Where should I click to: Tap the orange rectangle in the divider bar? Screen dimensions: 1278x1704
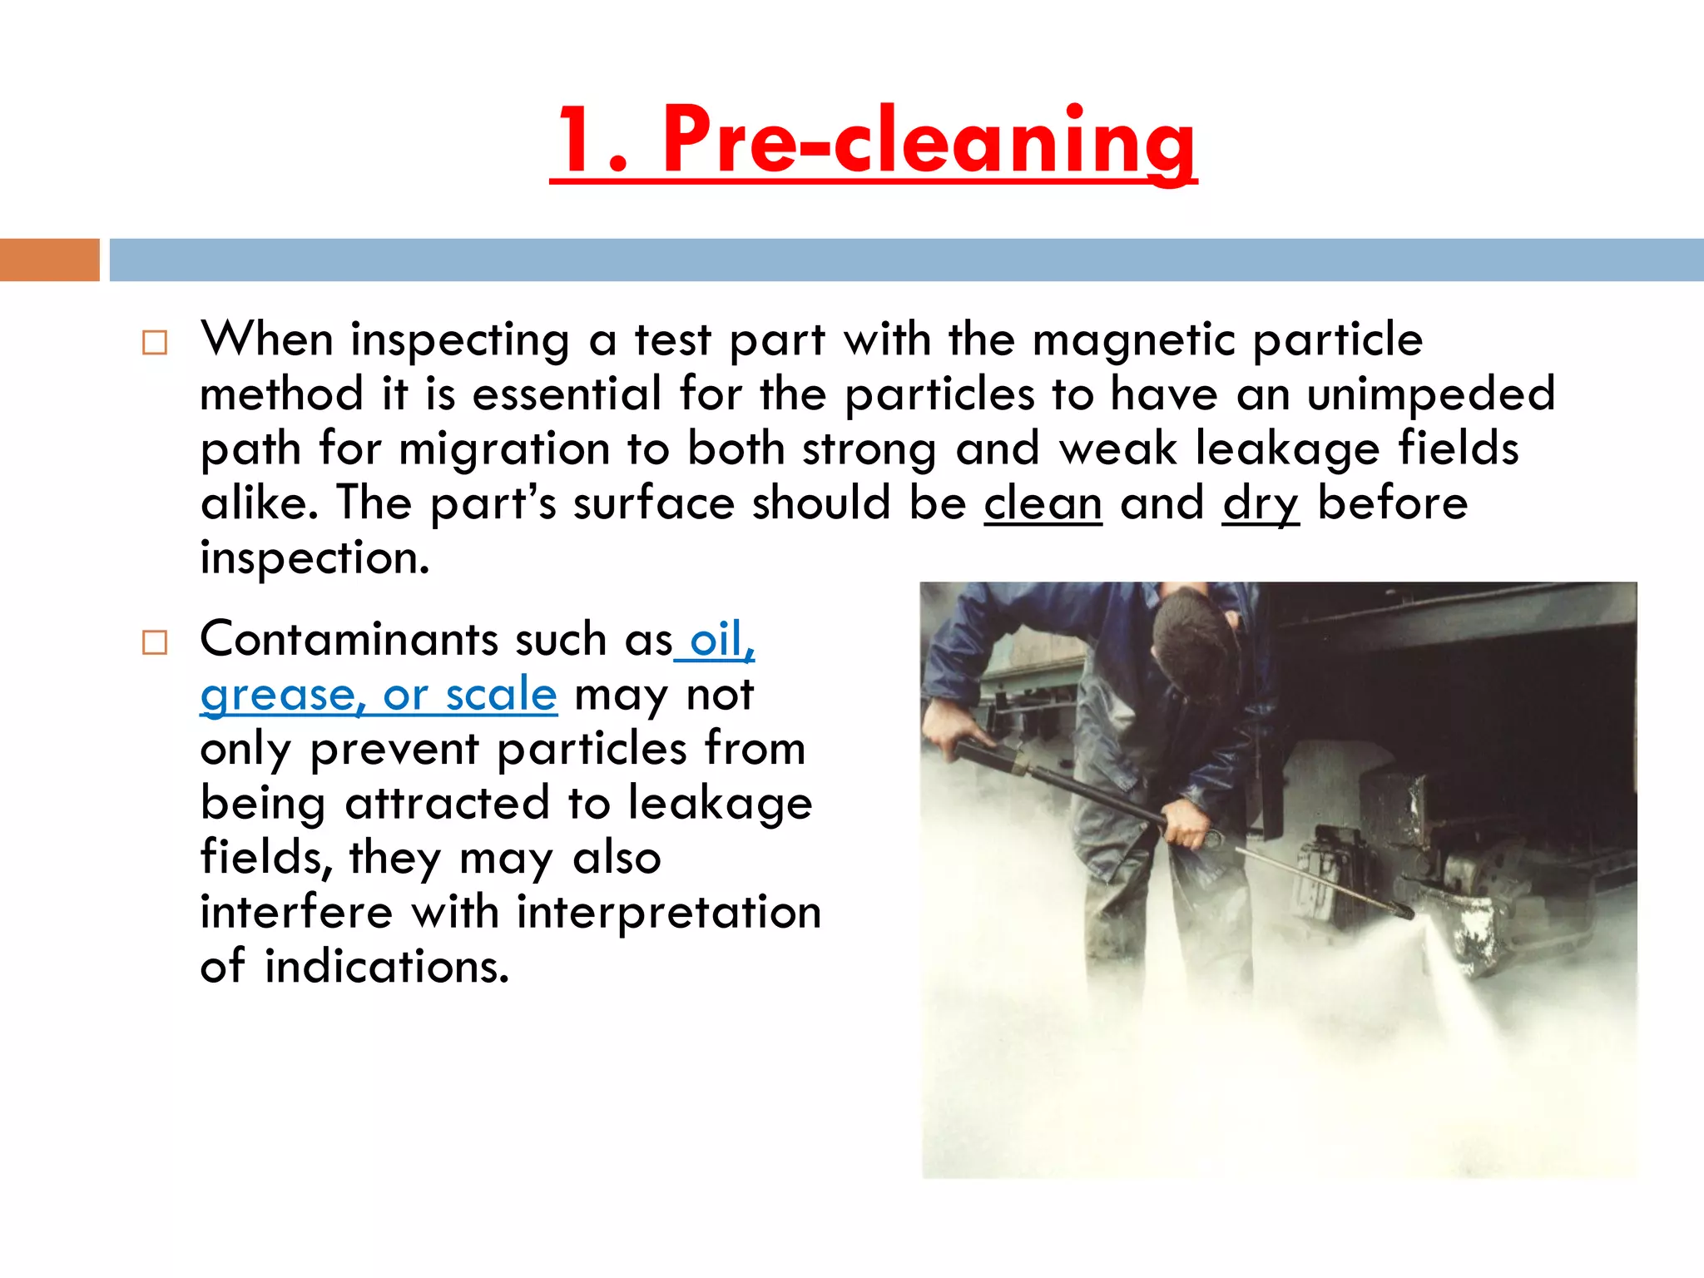click(x=49, y=260)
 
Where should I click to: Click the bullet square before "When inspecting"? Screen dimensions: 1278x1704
click(x=155, y=343)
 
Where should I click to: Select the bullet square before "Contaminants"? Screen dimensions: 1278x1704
click(x=155, y=642)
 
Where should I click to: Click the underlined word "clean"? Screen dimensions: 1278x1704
click(x=1043, y=503)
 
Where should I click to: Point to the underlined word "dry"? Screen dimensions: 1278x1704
click(x=1260, y=505)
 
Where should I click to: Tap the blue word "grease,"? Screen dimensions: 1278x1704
click(x=283, y=696)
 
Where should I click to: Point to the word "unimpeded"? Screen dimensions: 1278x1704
click(x=1430, y=394)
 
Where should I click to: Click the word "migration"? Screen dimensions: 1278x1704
click(x=505, y=449)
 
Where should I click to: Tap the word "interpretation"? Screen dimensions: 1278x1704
click(x=669, y=912)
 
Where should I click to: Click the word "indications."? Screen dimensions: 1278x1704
click(x=387, y=967)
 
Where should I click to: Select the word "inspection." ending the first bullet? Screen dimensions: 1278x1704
click(x=315, y=558)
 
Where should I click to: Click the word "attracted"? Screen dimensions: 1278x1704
click(x=447, y=803)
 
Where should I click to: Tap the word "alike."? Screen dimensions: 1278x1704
click(x=259, y=503)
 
